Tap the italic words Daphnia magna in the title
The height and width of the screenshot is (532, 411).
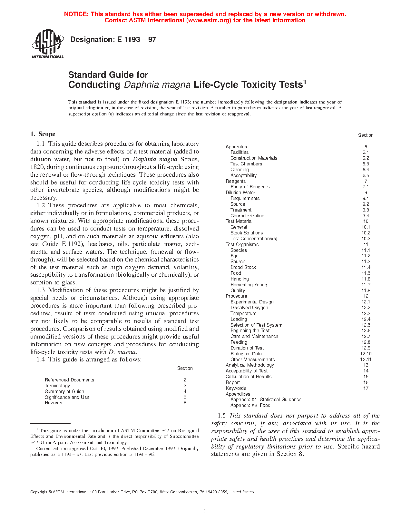pos(157,85)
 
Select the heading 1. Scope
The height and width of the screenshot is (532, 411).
pos(43,134)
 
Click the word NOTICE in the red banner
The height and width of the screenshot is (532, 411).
pos(76,14)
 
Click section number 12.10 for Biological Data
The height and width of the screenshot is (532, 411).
pos(366,354)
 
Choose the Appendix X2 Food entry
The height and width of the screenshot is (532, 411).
pos(250,405)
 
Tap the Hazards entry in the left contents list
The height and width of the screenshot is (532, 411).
pos(54,403)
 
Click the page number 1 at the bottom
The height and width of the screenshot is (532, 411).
pos(205,511)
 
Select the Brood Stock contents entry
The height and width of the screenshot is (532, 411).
pos(243,267)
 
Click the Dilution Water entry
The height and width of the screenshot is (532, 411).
pos(240,192)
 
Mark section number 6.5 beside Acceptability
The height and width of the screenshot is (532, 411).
pos(366,175)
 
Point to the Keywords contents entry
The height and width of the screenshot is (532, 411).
pos(236,388)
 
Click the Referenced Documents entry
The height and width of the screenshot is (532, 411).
pos(69,380)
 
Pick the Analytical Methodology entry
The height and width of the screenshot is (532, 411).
pos(250,365)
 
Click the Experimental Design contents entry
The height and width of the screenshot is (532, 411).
pos(252,302)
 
